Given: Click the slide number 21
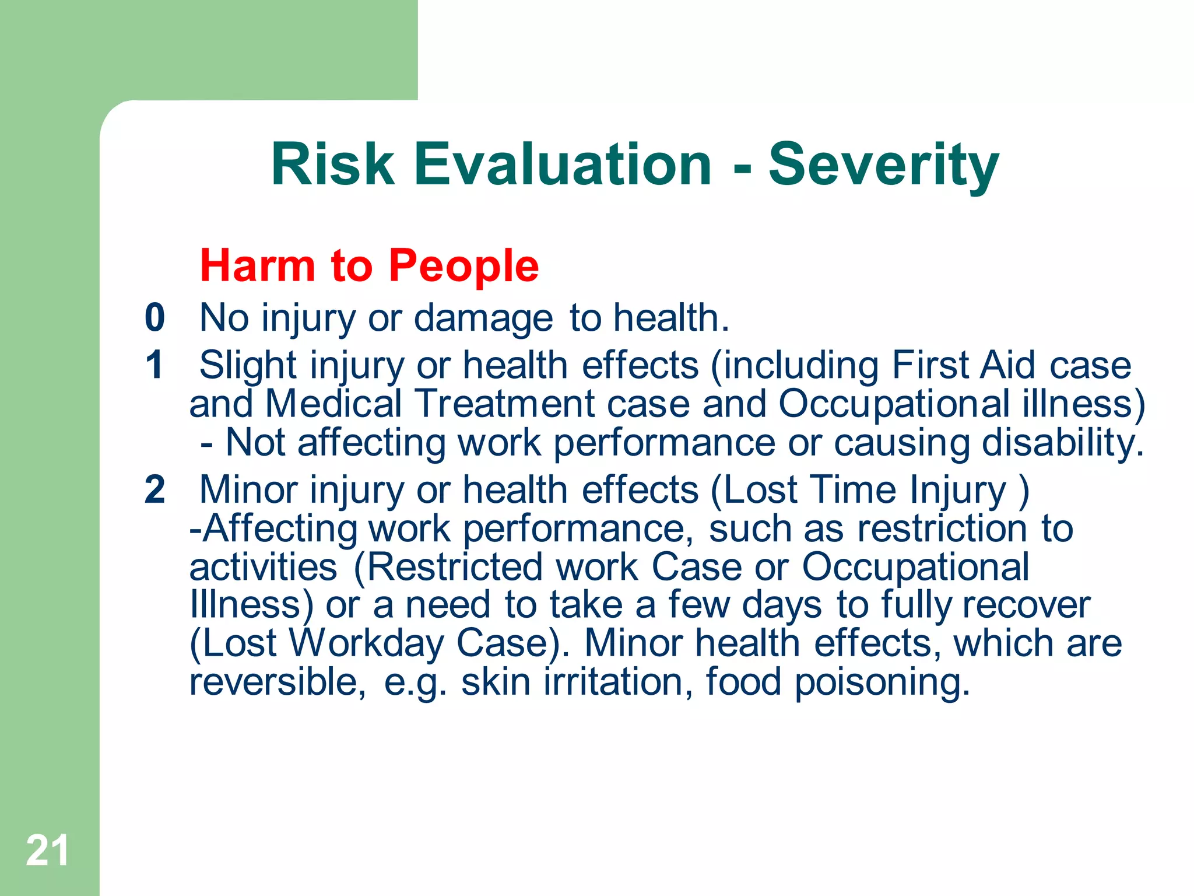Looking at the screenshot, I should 47,850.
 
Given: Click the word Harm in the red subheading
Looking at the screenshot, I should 257,266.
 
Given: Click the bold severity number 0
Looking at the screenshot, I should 155,318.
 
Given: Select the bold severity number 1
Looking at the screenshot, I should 154,365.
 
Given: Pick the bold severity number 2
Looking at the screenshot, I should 155,489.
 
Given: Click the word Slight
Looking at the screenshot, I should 248,366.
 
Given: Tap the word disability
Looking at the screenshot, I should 1062,442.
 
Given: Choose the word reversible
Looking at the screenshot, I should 278,681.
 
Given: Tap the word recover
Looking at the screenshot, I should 1026,605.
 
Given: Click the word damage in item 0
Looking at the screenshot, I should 483,318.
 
